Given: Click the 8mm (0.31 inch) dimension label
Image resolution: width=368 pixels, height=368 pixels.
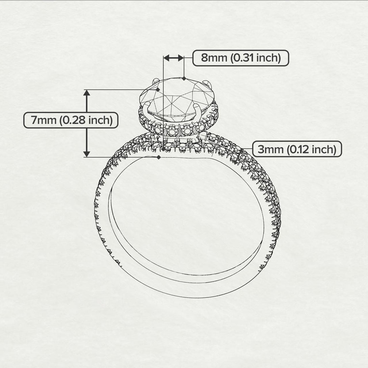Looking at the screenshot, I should (241, 58).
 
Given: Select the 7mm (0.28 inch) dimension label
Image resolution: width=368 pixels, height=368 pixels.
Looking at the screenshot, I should (71, 120).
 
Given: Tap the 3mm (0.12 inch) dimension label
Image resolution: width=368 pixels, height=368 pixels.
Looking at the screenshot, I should (297, 149).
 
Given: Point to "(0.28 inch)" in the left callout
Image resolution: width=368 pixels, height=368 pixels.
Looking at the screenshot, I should (86, 120).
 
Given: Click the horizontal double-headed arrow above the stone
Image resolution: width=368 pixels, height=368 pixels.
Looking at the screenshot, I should (174, 58).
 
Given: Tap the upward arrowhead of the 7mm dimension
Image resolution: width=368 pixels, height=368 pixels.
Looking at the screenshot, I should (87, 94).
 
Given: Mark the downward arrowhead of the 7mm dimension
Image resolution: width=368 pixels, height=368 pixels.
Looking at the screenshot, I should (87, 154).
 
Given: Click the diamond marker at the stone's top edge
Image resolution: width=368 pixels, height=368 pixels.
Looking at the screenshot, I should (184, 78).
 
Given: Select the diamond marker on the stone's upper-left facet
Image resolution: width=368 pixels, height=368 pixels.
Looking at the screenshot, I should (158, 89).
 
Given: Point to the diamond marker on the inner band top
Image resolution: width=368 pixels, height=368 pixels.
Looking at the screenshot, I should (159, 157).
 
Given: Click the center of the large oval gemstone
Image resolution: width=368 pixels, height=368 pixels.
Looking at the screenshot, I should (178, 100).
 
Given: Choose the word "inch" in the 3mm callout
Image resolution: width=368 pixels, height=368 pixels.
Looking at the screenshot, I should (323, 149).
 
